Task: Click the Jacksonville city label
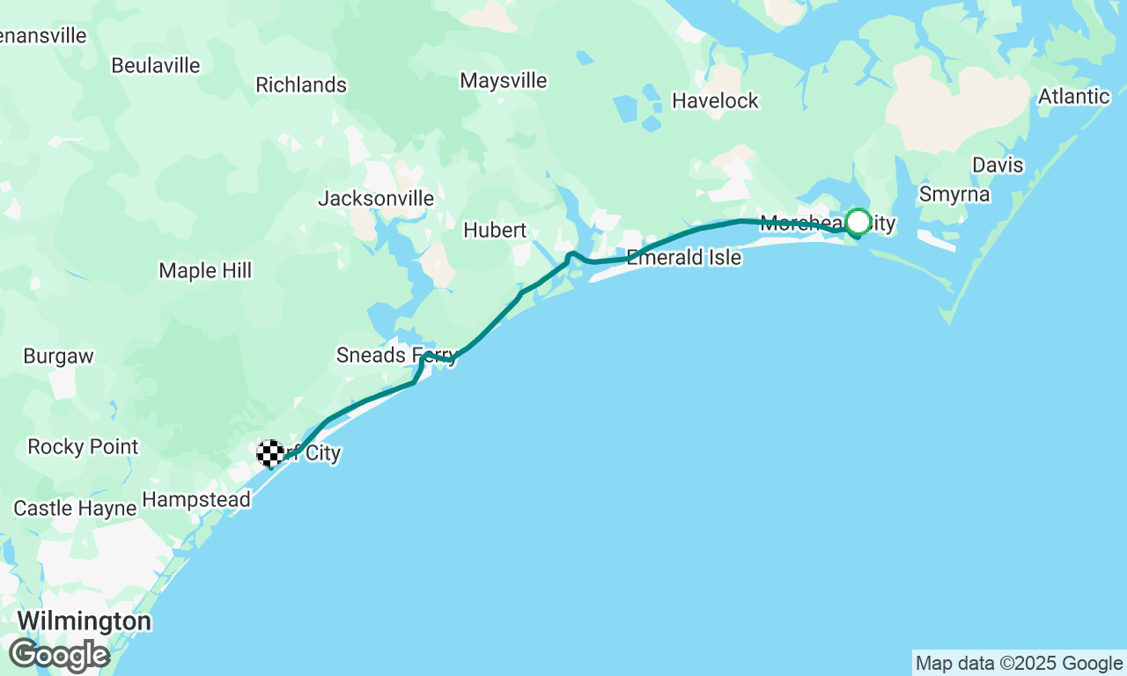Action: point(376,199)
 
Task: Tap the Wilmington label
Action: point(84,621)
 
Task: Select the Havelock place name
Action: point(715,101)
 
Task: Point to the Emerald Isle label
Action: point(684,258)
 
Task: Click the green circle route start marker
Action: point(858,222)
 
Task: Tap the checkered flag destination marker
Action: point(270,452)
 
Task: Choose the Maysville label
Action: point(504,81)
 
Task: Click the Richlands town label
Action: point(301,85)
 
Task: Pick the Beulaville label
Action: point(156,66)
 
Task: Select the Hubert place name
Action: point(495,231)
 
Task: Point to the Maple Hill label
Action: point(205,271)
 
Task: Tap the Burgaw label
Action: point(58,356)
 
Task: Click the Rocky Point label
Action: point(83,447)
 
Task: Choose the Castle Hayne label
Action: point(75,509)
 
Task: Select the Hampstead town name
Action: point(196,500)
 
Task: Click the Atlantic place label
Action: point(1074,97)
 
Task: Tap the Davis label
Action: point(998,165)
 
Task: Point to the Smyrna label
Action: point(954,195)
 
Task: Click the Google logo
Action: point(59,656)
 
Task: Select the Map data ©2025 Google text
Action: point(1019,664)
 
